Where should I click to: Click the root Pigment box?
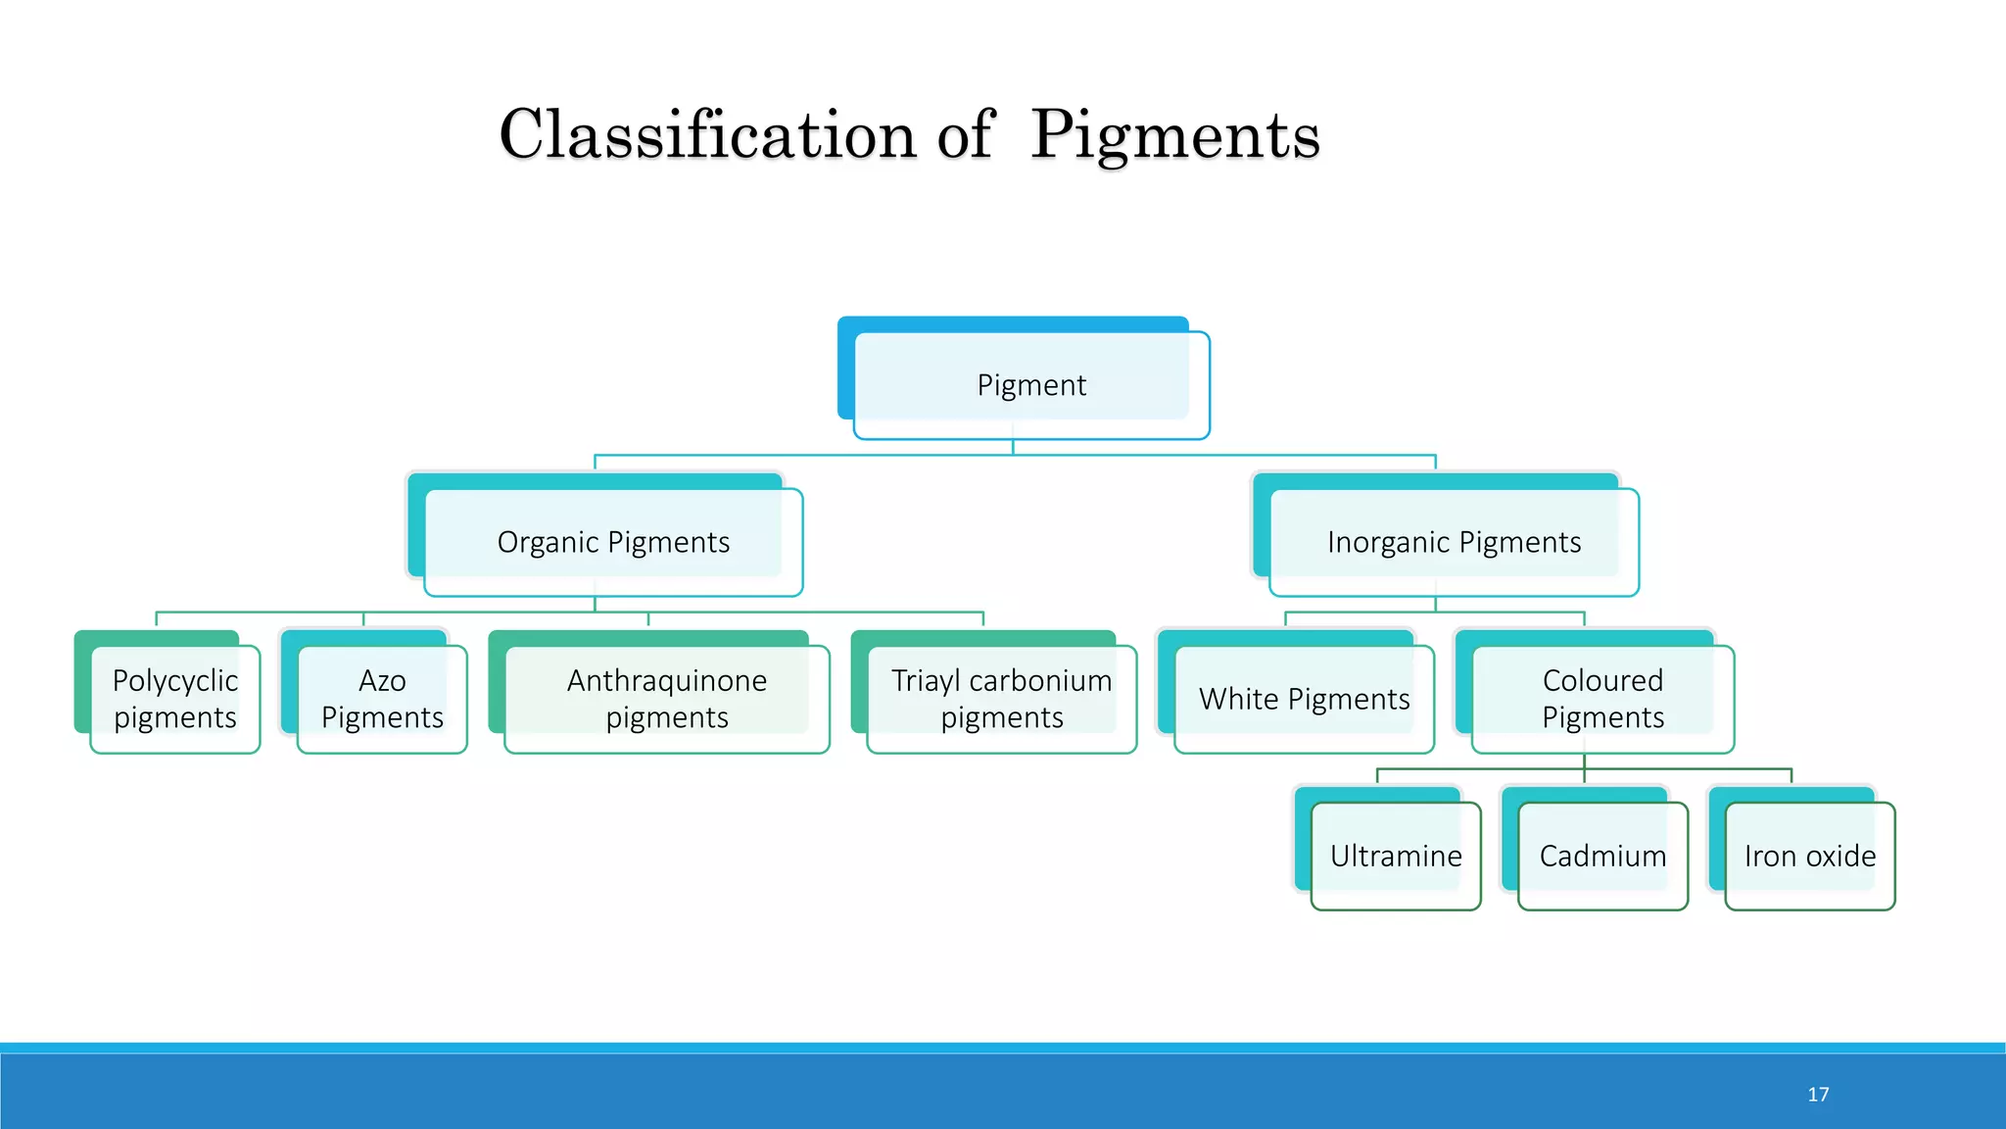coord(1031,385)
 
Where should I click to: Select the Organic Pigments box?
coord(613,542)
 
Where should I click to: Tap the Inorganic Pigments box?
coord(1454,542)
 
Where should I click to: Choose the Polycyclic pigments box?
coord(175,699)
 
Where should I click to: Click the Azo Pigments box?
coord(382,699)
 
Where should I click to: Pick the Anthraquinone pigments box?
coord(667,699)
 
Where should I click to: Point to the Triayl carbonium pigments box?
coord(1001,699)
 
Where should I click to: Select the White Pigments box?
coord(1304,699)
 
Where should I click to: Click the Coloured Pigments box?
coord(1602,699)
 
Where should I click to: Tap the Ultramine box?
coord(1396,856)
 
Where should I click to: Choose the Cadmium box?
coord(1602,856)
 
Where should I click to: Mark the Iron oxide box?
coord(1809,856)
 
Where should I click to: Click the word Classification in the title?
coord(708,134)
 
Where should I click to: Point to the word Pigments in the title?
coord(1175,134)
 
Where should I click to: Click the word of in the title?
coord(965,134)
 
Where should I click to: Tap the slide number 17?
coord(1818,1095)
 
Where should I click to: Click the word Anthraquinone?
coord(667,680)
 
